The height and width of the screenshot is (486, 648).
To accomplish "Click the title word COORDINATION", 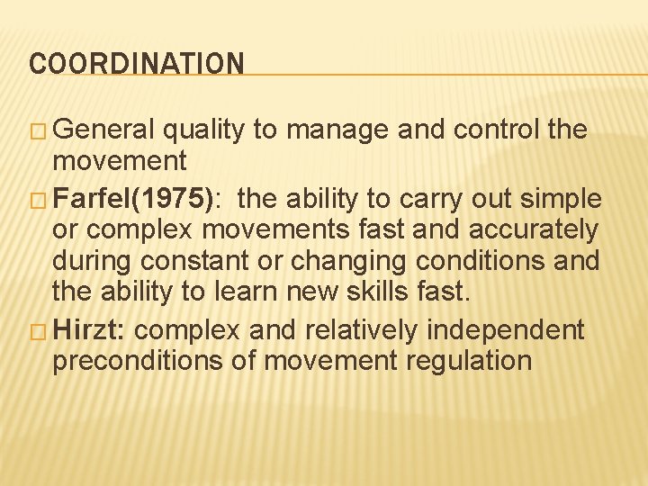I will click(137, 64).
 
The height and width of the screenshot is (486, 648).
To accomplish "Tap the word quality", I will click(203, 130).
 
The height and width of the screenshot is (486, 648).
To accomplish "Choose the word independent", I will click(506, 330).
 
